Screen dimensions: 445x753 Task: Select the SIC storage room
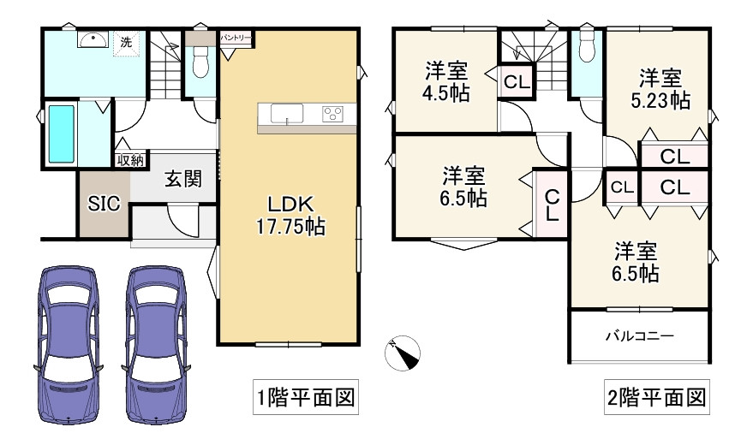pyautogui.click(x=105, y=205)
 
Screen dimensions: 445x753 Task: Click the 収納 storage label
pyautogui.click(x=130, y=160)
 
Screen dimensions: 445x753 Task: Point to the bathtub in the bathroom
pyautogui.click(x=61, y=134)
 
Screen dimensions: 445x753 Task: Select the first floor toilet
pyautogui.click(x=201, y=62)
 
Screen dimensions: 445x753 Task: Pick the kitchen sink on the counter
pyautogui.click(x=286, y=113)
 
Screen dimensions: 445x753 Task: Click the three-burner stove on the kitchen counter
pyautogui.click(x=333, y=113)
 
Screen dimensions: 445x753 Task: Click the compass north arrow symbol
pyautogui.click(x=403, y=353)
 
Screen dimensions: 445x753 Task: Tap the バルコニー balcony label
pyautogui.click(x=640, y=336)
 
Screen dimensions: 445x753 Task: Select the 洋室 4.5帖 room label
pyautogui.click(x=446, y=82)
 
